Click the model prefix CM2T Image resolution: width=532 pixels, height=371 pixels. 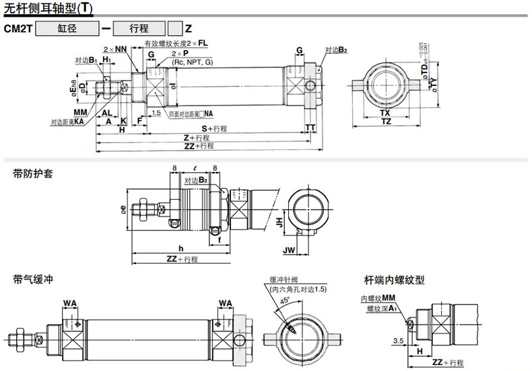[x=18, y=29]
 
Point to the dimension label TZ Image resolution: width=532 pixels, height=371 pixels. [x=385, y=122]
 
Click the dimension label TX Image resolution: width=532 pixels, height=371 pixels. [x=385, y=113]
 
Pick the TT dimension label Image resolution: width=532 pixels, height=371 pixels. [x=310, y=128]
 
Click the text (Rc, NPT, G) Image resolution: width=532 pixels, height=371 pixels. [x=191, y=62]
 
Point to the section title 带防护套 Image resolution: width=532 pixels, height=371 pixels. [x=33, y=173]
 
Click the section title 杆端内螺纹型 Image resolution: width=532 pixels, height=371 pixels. [x=394, y=280]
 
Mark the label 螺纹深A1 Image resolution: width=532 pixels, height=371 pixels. [x=381, y=308]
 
